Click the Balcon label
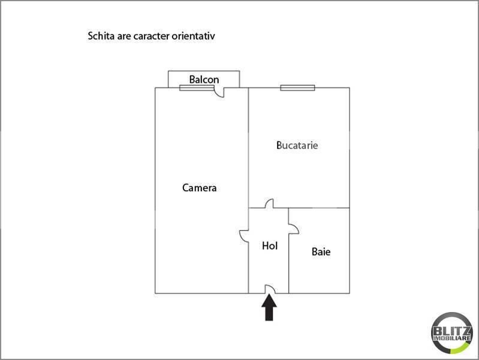coord(204,79)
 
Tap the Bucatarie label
coord(297,145)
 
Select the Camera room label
coord(199,188)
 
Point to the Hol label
coord(270,245)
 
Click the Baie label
coord(321,252)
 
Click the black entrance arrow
coord(269,310)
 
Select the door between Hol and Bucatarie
coord(270,203)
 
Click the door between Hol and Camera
coord(244,235)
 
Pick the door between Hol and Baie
coord(293,229)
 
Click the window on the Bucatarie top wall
coord(297,88)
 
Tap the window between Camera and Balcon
coord(196,88)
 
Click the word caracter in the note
coord(150,36)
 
